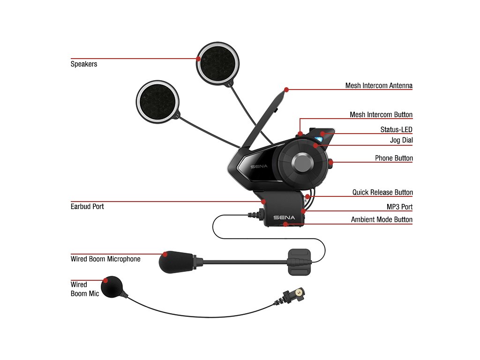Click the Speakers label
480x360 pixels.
pyautogui.click(x=84, y=64)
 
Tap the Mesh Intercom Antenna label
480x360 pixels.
pyautogui.click(x=379, y=86)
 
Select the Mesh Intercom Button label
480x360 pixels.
pyautogui.click(x=381, y=115)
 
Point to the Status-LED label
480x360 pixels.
pyautogui.click(x=396, y=129)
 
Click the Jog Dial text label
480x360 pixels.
pyautogui.click(x=401, y=140)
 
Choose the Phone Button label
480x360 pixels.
pyautogui.click(x=394, y=158)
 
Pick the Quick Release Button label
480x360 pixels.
pyautogui.click(x=382, y=192)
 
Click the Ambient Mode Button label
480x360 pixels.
pyautogui.click(x=382, y=220)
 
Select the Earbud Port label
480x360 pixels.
pyautogui.click(x=87, y=206)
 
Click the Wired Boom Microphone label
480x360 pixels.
pyautogui.click(x=105, y=259)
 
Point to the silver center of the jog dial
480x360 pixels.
pyautogui.click(x=302, y=163)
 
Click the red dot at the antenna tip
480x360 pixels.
pyautogui.click(x=286, y=89)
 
